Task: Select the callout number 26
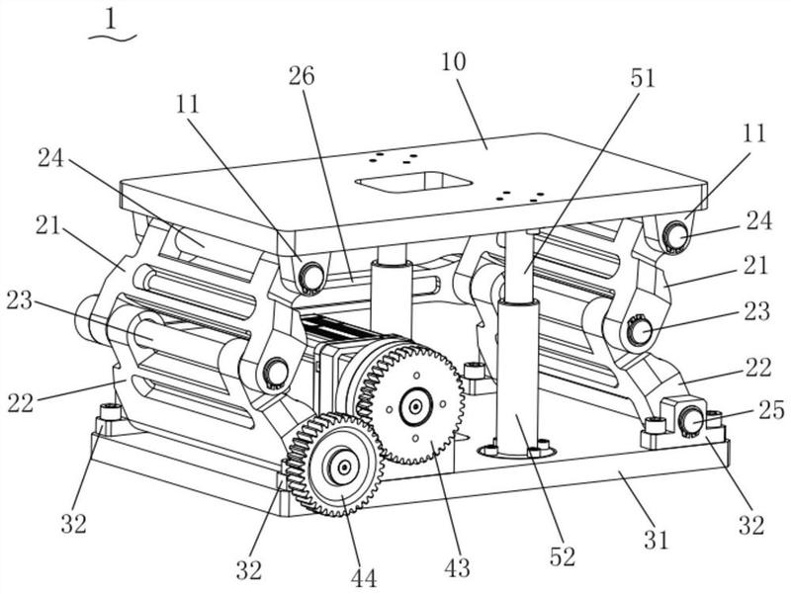pos(303,76)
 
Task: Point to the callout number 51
pos(643,79)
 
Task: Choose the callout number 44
pos(364,577)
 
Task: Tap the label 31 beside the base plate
pos(657,540)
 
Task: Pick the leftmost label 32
pos(73,523)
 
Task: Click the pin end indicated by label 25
pos(690,421)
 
